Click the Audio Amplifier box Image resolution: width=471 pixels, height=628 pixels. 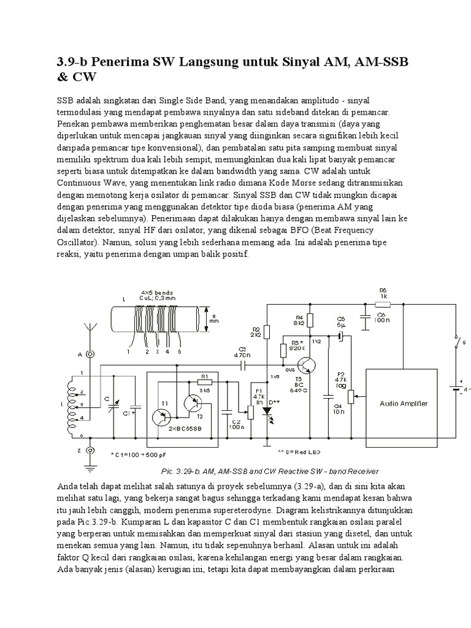[x=404, y=403]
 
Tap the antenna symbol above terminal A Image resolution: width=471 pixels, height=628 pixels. [x=90, y=334]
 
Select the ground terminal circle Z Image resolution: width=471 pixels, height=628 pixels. [x=90, y=451]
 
